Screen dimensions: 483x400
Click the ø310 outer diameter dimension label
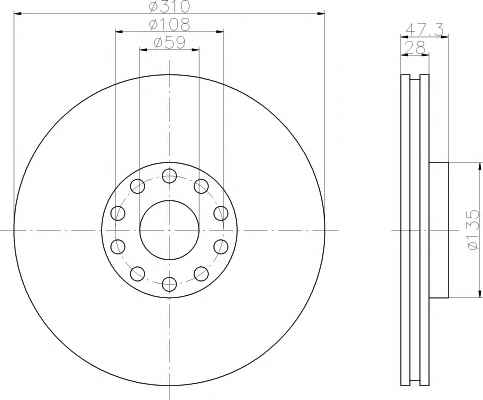169,6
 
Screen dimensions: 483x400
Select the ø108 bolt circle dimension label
169,24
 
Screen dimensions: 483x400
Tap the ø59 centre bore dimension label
169,43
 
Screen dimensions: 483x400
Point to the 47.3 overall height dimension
424,30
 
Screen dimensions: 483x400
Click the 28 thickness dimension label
415,48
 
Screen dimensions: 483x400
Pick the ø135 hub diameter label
474,230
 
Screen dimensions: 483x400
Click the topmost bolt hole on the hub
169,175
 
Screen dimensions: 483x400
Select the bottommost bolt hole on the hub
169,284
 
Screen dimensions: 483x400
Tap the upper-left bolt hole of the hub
137,186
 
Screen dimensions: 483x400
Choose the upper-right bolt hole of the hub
201,186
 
